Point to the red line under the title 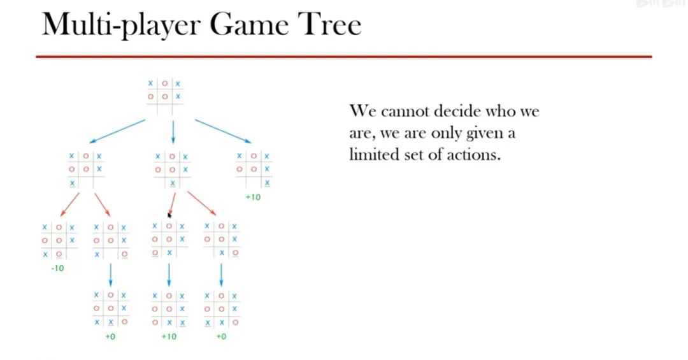click(x=344, y=57)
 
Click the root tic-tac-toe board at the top click(x=164, y=96)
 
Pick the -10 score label click(x=57, y=268)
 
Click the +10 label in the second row click(x=253, y=197)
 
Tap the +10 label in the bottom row click(x=168, y=336)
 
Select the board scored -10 click(x=58, y=241)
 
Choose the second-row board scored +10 click(x=253, y=169)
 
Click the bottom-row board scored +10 click(x=168, y=310)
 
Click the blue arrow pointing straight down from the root click(x=173, y=132)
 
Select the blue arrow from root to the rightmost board click(x=223, y=131)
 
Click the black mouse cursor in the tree click(x=169, y=215)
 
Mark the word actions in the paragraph click(x=472, y=155)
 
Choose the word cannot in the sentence click(x=405, y=111)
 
